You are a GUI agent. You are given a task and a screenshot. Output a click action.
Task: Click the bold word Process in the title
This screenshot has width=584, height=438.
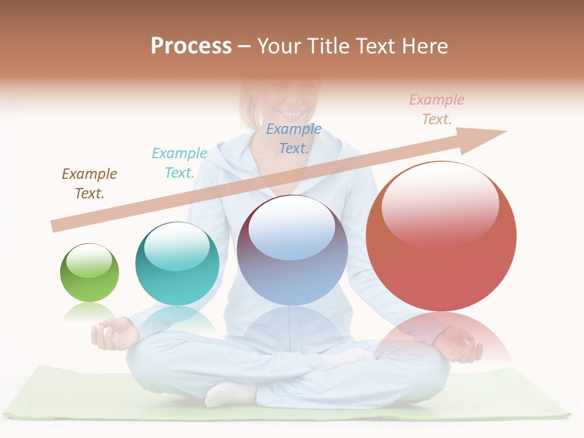pos(191,46)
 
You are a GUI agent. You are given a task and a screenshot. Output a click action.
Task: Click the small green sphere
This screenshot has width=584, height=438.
pos(89,273)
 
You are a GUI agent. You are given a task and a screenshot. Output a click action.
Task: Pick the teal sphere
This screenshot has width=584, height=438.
pos(177,263)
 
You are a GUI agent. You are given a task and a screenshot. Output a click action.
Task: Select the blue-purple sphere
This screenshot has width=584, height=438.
pos(292,250)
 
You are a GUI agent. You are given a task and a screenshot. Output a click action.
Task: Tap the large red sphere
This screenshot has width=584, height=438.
pos(441,237)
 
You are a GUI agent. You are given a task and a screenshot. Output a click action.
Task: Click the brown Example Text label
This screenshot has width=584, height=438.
pos(89,184)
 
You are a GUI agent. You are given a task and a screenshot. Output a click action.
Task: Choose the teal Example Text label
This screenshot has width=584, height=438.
pos(179,163)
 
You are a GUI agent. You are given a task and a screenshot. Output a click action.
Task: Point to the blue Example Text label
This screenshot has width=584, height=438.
pos(294,139)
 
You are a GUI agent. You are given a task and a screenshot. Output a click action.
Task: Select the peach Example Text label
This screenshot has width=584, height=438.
pos(436,109)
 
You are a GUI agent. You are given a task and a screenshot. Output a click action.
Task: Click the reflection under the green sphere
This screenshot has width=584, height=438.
pos(89,311)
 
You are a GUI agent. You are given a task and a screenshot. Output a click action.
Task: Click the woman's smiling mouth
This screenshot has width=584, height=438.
pos(290,113)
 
